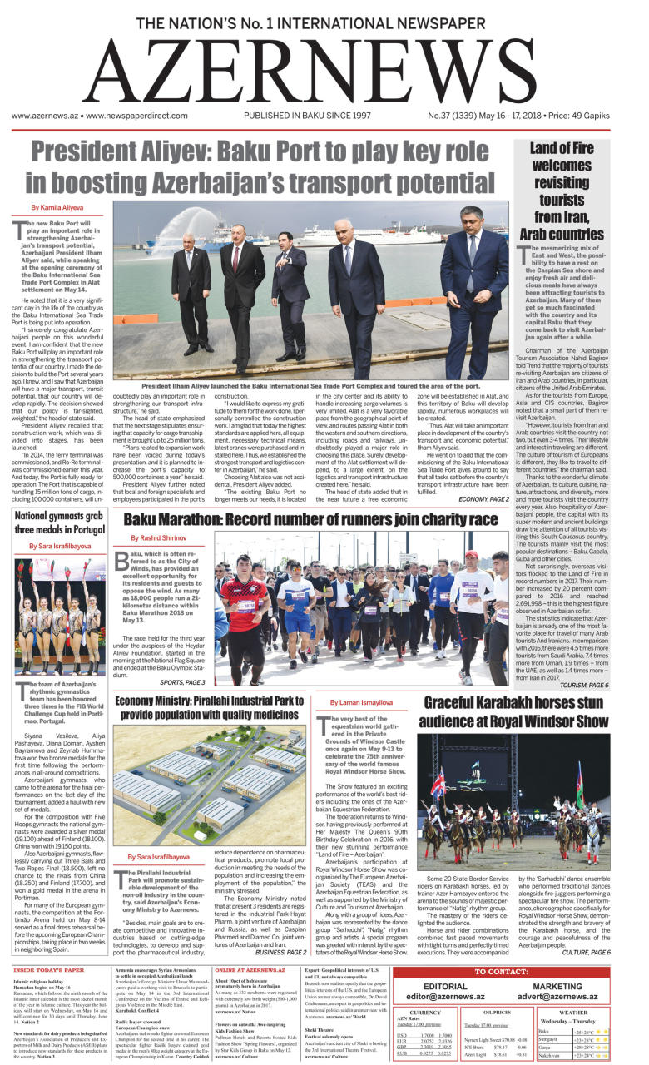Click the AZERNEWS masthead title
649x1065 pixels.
[324, 72]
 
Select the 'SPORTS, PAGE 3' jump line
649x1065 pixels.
[182, 681]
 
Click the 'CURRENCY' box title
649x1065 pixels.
[425, 1012]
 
